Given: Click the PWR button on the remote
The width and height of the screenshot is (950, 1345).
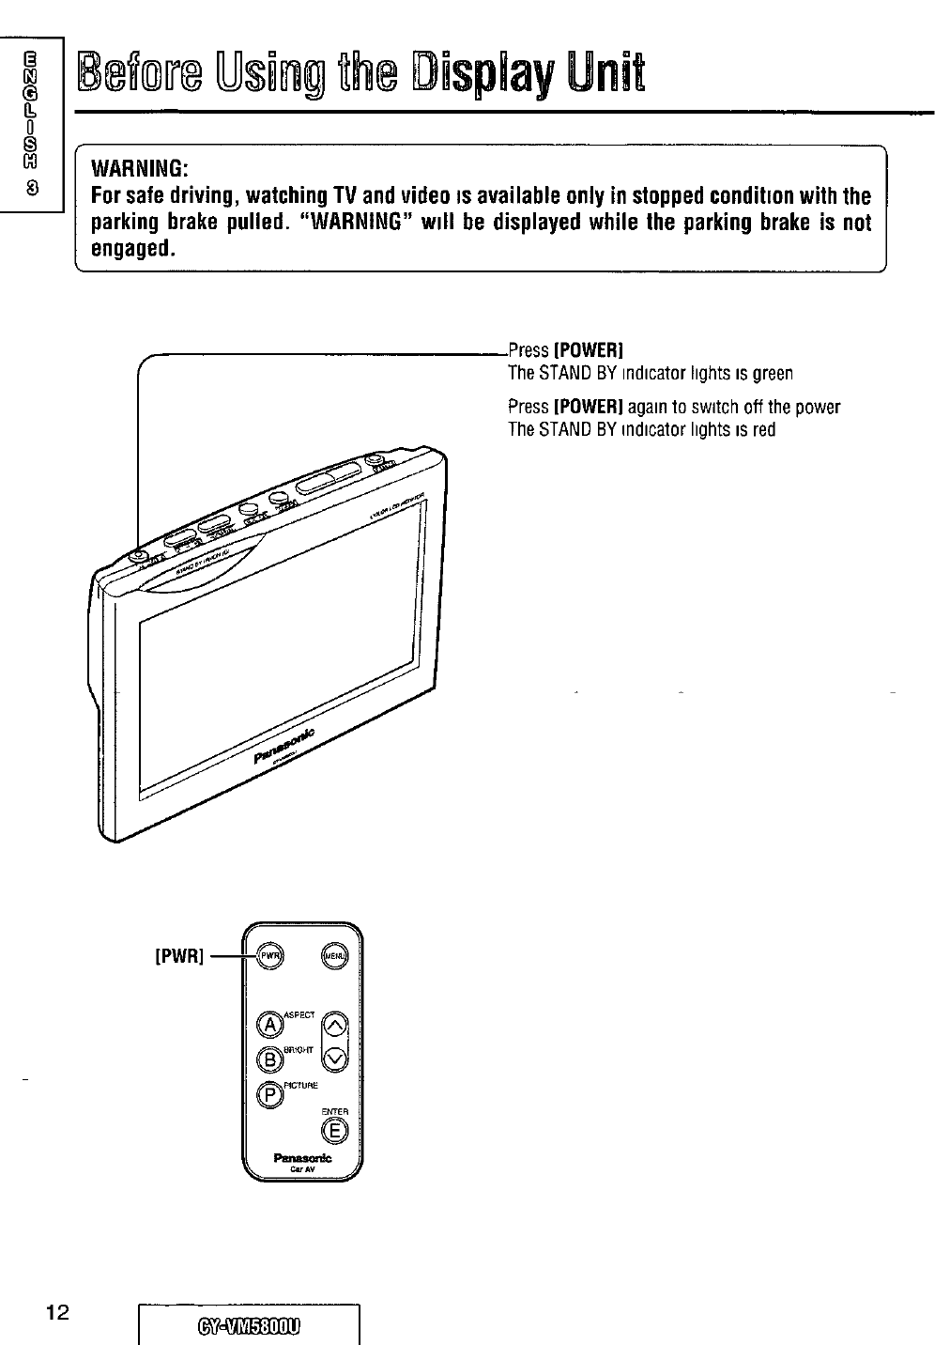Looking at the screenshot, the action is pos(269,957).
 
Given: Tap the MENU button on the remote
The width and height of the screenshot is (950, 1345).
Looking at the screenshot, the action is pos(335,957).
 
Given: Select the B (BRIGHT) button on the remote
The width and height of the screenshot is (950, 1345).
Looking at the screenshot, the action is pos(269,1059).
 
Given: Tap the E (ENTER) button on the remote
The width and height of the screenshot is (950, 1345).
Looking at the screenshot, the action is pos(338,1131).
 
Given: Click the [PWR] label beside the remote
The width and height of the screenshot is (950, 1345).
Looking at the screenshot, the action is pos(178,957).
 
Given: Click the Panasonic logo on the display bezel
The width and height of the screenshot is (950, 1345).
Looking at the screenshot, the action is pos(286,745).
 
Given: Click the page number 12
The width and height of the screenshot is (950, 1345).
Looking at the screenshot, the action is pos(58,1311).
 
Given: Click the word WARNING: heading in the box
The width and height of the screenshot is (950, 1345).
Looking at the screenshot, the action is pos(141,169).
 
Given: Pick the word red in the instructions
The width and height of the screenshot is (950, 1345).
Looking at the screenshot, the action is pos(764,430).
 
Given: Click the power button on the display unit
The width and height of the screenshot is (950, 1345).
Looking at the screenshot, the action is pos(139,556).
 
